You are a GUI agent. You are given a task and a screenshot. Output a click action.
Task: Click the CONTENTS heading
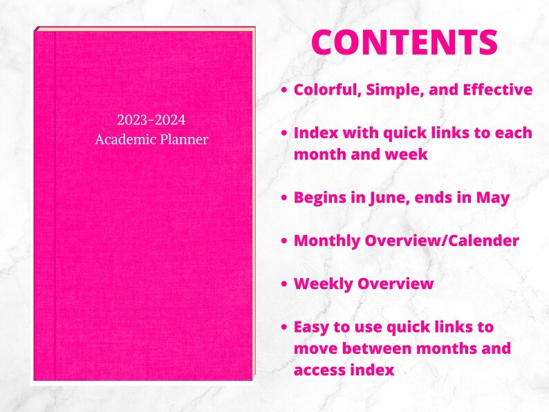point(404,43)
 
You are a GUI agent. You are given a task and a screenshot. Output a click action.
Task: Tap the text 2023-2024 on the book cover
point(151,120)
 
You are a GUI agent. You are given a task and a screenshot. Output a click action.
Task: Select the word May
point(493,197)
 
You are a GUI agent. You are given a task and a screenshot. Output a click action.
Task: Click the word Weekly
point(323,283)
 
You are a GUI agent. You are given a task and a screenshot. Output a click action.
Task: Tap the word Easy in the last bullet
point(312,326)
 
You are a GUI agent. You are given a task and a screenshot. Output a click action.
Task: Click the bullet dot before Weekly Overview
point(284,284)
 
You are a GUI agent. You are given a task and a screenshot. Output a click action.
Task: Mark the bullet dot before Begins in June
point(284,198)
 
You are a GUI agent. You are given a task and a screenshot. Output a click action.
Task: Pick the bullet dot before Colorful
point(284,91)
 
